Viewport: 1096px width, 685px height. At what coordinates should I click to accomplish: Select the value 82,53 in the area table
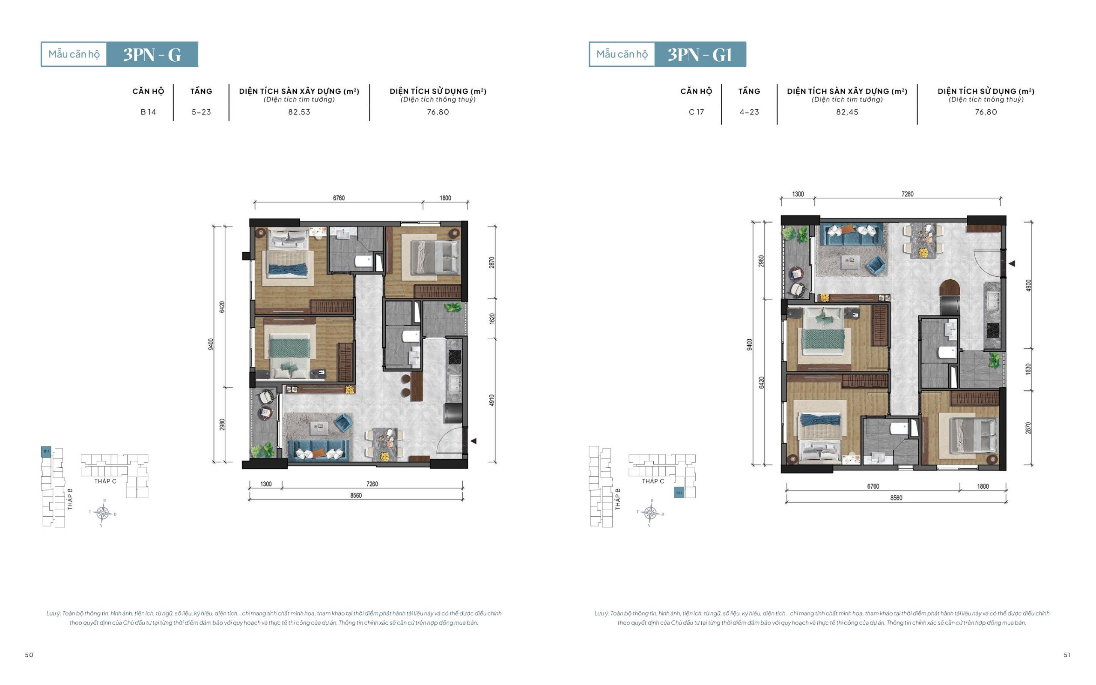(299, 112)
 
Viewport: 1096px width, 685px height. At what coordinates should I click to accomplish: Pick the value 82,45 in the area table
(847, 112)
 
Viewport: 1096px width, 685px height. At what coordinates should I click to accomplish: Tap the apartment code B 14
(148, 112)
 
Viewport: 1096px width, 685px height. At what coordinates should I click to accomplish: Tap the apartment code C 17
(696, 112)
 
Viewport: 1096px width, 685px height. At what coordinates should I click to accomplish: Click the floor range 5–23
(201, 112)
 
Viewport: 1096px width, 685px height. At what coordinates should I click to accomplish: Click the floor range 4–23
(749, 112)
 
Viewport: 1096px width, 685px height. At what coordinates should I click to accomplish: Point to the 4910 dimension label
(491, 400)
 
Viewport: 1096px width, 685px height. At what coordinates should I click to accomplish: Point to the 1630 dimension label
(1028, 369)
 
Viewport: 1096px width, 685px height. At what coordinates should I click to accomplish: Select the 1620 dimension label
(491, 318)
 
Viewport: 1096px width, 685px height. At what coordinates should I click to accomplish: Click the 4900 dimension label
(1028, 285)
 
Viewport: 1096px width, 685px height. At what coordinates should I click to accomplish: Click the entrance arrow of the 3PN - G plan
(474, 441)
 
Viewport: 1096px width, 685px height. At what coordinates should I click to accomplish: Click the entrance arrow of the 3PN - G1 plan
(1012, 263)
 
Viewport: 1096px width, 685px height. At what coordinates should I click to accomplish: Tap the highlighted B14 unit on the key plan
(46, 452)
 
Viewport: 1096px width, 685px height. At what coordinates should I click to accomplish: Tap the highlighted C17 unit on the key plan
(679, 493)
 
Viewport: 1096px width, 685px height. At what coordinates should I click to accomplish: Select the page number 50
(29, 655)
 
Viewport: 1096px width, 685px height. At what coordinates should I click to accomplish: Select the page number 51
(1067, 655)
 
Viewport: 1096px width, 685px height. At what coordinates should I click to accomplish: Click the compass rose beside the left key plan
(103, 513)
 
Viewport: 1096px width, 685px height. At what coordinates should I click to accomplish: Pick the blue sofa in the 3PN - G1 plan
(850, 235)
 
